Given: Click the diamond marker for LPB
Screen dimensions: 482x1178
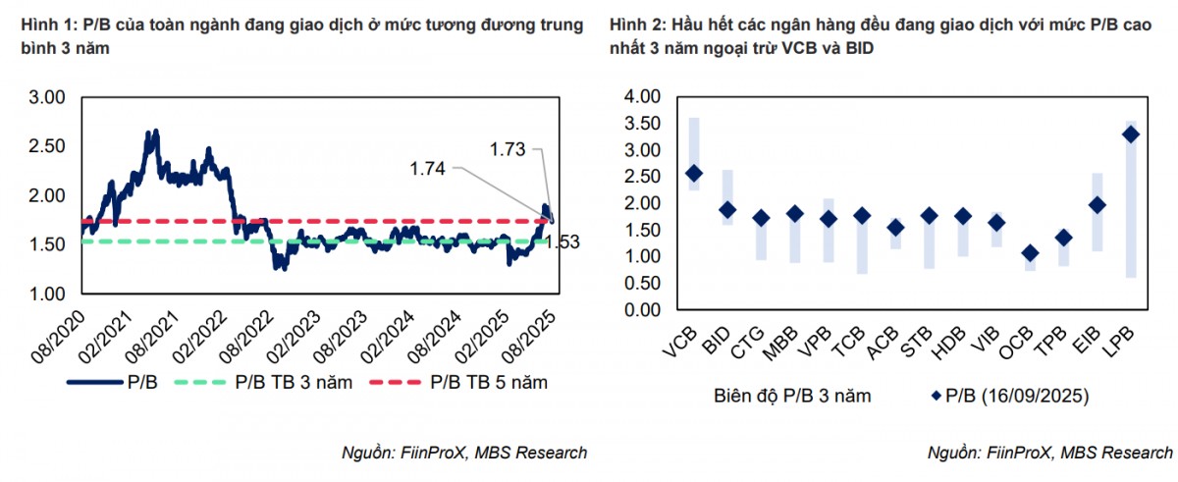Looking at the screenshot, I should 1130,134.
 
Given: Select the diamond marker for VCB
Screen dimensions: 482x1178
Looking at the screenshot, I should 693,174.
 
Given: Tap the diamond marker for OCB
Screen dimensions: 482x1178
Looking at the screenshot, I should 1029,253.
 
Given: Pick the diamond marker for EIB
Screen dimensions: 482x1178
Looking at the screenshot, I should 1097,205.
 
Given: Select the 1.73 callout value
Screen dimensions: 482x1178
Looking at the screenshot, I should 509,148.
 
